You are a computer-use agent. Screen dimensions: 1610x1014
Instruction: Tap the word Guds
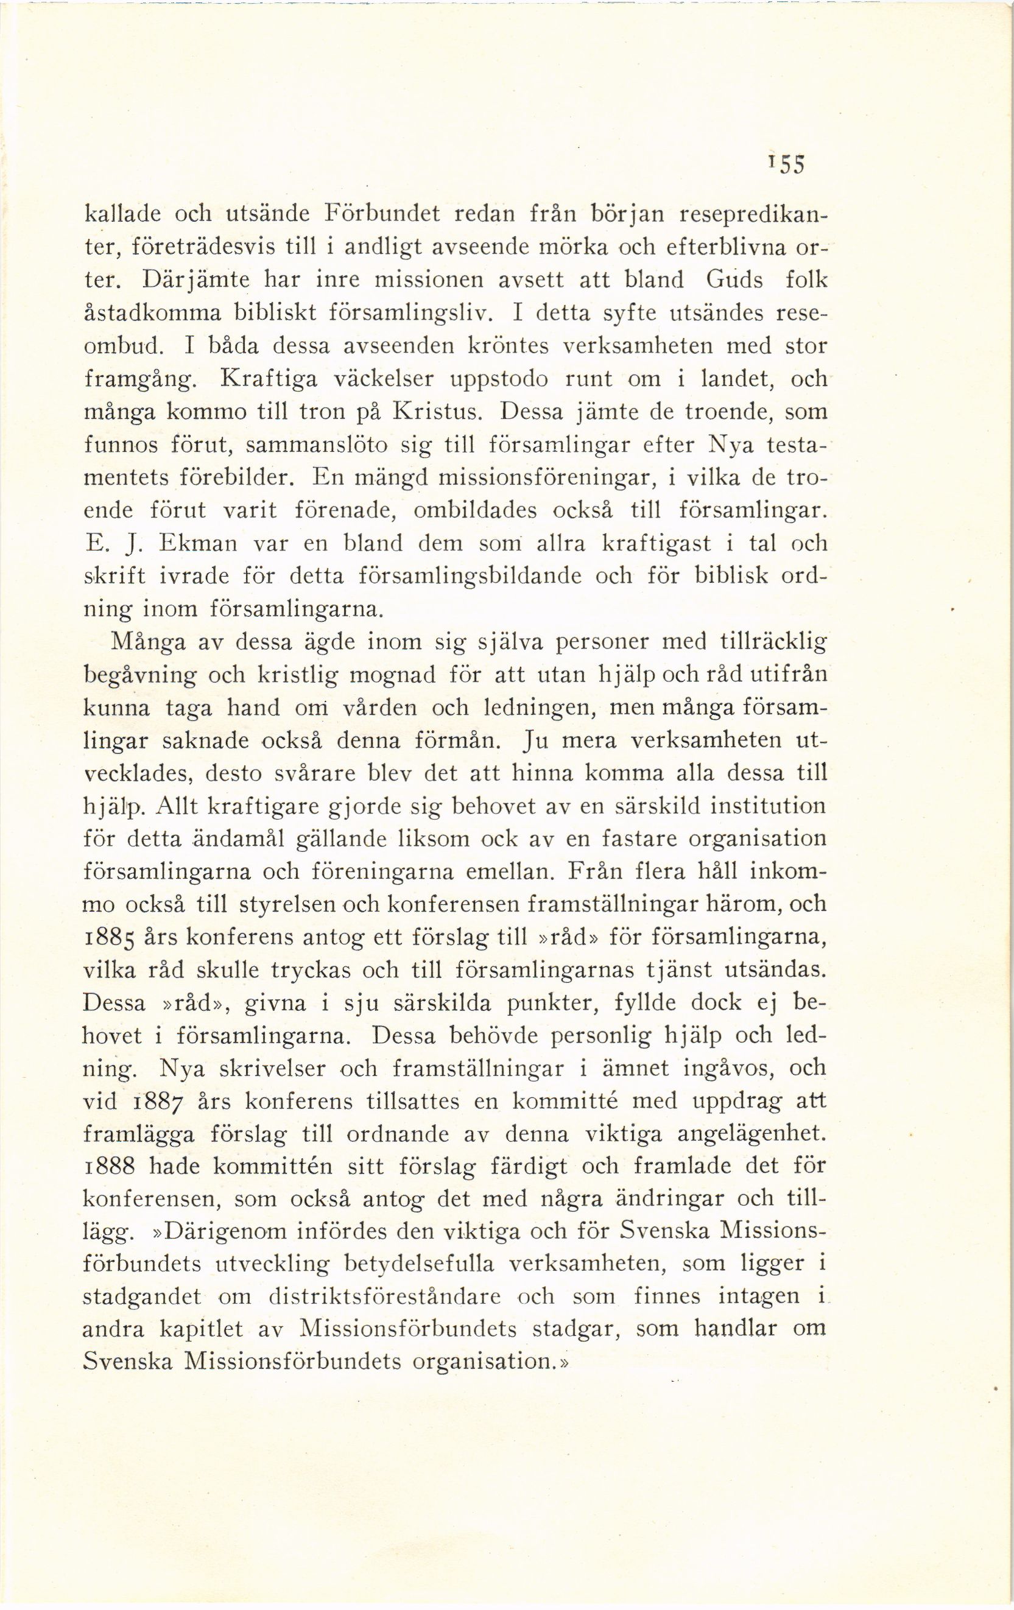[734, 280]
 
